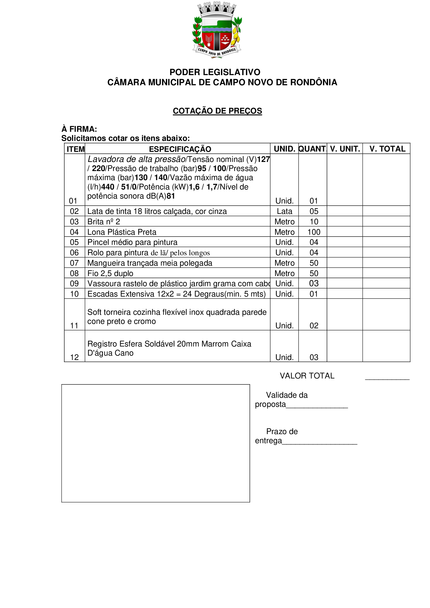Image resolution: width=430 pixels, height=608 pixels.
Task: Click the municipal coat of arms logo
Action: point(217,29)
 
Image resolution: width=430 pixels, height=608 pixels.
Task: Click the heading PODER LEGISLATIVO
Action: point(215,72)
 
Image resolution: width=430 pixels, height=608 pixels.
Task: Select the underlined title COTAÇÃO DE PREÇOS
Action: point(217,111)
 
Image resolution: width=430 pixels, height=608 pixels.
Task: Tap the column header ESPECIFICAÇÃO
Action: point(180,149)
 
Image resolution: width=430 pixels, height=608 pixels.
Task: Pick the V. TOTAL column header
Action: point(387,149)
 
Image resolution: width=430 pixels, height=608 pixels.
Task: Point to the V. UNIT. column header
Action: point(345,149)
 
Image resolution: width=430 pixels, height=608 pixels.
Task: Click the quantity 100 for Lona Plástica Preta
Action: point(314,232)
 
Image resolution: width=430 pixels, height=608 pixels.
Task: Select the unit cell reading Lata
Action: point(284,211)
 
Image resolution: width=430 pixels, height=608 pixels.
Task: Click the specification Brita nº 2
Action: point(103,222)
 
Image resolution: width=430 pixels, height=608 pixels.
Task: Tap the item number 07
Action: point(74,263)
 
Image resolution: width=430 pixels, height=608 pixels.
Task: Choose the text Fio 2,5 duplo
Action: point(110,273)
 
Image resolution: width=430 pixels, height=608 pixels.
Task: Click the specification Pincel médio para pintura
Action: point(132,242)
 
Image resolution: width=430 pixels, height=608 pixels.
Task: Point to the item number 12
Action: point(74,357)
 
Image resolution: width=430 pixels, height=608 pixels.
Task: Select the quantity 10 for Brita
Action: point(314,222)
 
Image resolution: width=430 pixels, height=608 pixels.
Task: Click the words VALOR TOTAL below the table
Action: point(307,376)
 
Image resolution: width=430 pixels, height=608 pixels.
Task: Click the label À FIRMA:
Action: point(79,129)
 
